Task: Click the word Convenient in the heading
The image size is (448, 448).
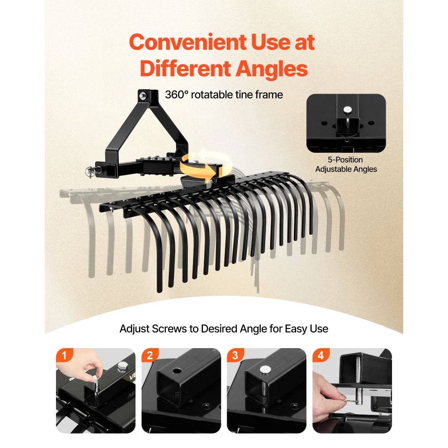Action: (x=187, y=42)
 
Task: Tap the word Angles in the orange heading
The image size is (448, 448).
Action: (x=271, y=69)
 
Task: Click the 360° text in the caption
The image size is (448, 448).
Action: (x=177, y=95)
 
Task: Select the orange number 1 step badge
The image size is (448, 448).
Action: (x=64, y=355)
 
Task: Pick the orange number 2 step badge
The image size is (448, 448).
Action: (x=150, y=355)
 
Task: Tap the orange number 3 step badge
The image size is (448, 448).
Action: (x=235, y=355)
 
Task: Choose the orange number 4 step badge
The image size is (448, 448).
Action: (x=321, y=355)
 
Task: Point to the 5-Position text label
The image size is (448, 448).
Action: (x=345, y=160)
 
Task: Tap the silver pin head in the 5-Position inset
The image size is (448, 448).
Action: (x=348, y=109)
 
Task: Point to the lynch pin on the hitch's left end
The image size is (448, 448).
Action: (x=90, y=172)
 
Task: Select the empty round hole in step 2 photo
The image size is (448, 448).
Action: (x=177, y=371)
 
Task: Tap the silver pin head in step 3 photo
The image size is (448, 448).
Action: (x=265, y=370)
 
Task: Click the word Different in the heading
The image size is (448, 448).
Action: (x=185, y=69)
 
